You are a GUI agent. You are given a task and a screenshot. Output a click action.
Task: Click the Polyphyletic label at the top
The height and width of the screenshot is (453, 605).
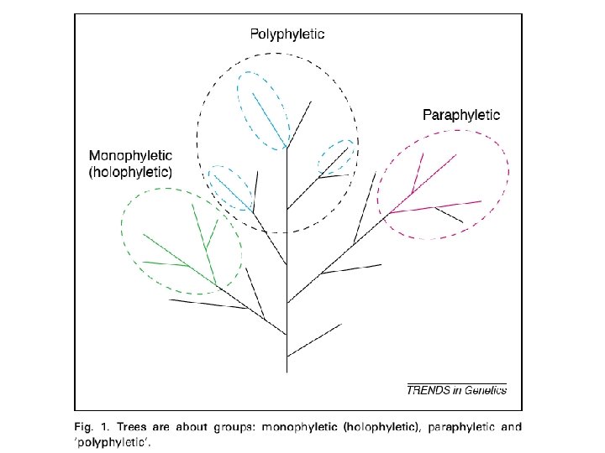[x=287, y=34]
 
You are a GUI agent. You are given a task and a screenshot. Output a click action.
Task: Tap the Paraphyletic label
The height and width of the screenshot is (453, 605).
[x=461, y=115]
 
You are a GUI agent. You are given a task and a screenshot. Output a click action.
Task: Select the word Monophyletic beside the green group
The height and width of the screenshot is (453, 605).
[x=130, y=156]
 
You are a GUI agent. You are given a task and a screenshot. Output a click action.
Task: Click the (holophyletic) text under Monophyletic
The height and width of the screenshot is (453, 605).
[x=130, y=174]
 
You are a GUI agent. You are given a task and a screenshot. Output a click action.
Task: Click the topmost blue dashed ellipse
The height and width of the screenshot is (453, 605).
[x=264, y=107]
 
